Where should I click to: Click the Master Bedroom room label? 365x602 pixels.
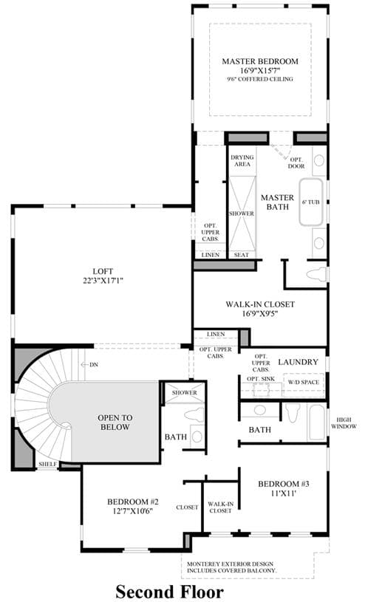click(260, 61)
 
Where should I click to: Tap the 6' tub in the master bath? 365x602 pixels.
click(311, 202)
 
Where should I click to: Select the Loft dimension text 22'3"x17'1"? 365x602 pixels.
click(103, 281)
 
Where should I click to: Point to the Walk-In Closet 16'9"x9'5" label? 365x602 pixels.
click(260, 309)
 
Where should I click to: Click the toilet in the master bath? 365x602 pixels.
click(316, 274)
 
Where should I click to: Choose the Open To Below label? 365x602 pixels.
click(115, 423)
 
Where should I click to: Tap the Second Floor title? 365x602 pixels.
click(169, 592)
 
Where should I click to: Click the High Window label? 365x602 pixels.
click(344, 423)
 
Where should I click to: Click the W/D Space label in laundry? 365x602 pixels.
click(304, 383)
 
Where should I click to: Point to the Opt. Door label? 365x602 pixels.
click(296, 163)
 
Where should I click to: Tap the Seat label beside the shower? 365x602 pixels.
click(242, 255)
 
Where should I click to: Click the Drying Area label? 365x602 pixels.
click(242, 160)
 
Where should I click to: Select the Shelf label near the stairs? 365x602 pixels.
click(47, 464)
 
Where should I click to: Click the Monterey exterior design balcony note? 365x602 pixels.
click(232, 567)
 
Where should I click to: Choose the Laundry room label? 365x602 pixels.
click(299, 362)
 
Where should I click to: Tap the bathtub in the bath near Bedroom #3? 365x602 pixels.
click(316, 422)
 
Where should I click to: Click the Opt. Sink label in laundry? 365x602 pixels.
click(261, 379)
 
